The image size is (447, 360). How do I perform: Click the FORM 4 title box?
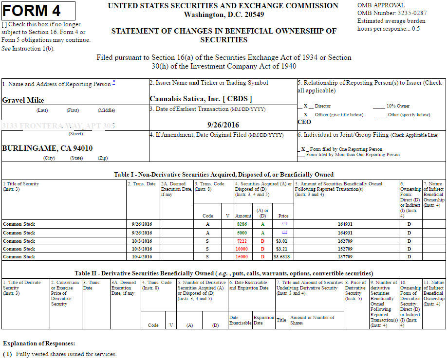pos(38,10)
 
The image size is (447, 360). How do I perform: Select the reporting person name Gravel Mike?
pos(23,100)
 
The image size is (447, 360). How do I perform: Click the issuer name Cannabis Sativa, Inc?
pos(201,98)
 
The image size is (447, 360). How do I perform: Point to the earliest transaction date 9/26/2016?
pos(223,125)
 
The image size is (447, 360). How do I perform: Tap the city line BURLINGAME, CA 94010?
pos(47,148)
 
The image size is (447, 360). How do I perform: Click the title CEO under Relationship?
pos(304,122)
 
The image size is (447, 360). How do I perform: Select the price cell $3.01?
pos(283,241)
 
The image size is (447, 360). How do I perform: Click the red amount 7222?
pos(242,241)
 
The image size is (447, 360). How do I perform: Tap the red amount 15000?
pos(242,256)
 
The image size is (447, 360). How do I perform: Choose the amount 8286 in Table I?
pos(242,224)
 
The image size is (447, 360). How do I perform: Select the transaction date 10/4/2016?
pos(142,256)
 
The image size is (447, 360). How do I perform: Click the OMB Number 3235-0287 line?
pos(392,13)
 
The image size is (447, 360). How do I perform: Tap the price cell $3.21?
pos(283,249)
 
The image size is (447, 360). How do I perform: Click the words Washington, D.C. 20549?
pos(223,15)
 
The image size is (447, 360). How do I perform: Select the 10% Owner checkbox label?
pos(398,106)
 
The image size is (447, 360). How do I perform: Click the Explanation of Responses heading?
pos(39,343)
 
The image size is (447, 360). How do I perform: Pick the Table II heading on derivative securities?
pos(223,273)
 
